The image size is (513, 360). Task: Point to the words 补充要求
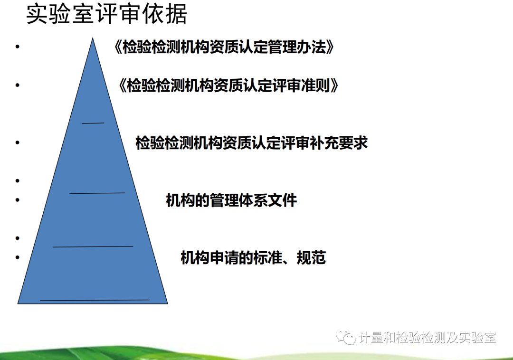pyautogui.click(x=339, y=143)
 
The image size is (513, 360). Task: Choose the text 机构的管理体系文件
pyautogui.click(x=231, y=200)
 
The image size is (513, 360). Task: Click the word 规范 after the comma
pyautogui.click(x=311, y=258)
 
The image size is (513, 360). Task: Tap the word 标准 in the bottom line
pyautogui.click(x=268, y=258)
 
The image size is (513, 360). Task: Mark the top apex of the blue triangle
pyautogui.click(x=93, y=38)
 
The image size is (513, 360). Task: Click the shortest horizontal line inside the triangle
pyautogui.click(x=93, y=123)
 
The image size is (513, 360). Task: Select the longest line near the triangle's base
pyautogui.click(x=95, y=300)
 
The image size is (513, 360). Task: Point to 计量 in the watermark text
pyautogui.click(x=371, y=337)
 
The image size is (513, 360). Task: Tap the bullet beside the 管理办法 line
pyautogui.click(x=18, y=47)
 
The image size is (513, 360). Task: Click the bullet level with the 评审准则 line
pyautogui.click(x=18, y=85)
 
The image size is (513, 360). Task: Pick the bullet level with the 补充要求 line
pyautogui.click(x=18, y=142)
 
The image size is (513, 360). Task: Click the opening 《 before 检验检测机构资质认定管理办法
pyautogui.click(x=118, y=47)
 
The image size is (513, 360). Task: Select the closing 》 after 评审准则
pyautogui.click(x=334, y=85)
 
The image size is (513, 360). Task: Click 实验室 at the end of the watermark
pyautogui.click(x=477, y=337)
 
